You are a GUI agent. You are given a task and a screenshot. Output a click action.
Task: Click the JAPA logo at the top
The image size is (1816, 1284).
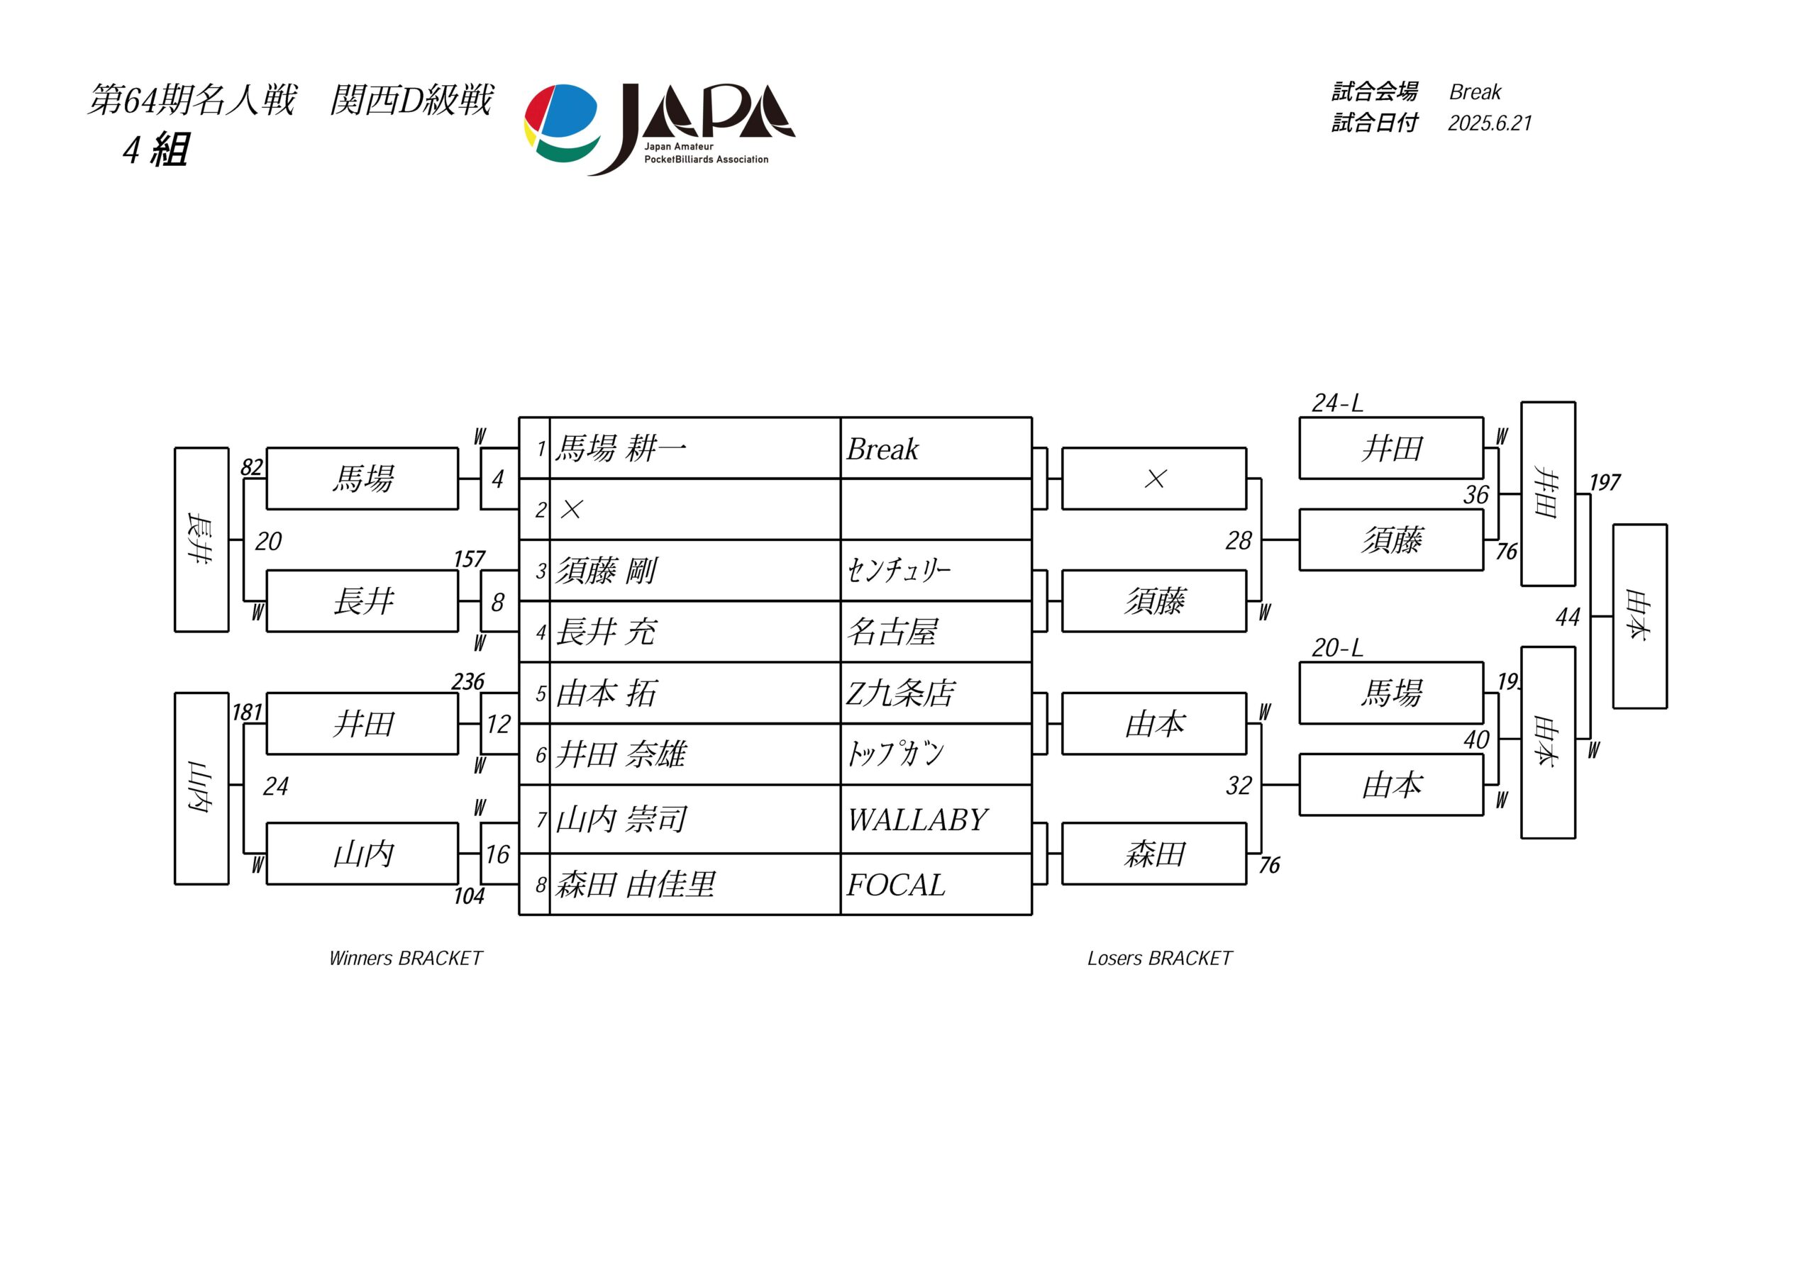(660, 128)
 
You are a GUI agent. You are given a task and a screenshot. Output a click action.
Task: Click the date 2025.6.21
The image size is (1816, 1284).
(1490, 123)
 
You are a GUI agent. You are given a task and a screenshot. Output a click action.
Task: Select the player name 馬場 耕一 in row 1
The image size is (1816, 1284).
(621, 448)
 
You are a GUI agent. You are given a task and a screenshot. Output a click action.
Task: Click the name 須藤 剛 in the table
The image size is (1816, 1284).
(606, 570)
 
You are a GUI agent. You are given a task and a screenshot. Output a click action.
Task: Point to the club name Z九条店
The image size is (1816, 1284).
(900, 693)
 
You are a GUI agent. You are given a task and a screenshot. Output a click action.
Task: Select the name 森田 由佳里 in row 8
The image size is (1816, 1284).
(635, 884)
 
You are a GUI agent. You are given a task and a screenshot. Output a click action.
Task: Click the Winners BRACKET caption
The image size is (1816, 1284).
(406, 959)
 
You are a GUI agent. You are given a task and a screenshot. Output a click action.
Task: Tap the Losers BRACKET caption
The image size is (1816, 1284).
(1160, 959)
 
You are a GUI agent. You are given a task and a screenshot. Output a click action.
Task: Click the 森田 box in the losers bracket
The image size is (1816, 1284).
(1154, 854)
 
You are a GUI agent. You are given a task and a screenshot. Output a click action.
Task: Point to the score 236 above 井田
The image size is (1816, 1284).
(468, 681)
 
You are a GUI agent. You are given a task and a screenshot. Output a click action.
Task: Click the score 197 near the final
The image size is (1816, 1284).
(1605, 482)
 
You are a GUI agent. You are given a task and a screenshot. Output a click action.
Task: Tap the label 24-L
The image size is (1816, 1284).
(1337, 403)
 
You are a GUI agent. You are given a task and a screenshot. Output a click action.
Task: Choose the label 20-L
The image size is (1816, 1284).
(1337, 648)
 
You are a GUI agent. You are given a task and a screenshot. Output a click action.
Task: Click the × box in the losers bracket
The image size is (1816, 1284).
(1154, 479)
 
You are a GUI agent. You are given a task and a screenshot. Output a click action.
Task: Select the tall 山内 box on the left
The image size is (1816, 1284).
(201, 788)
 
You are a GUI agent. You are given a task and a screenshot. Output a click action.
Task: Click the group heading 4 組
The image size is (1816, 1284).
(156, 150)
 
